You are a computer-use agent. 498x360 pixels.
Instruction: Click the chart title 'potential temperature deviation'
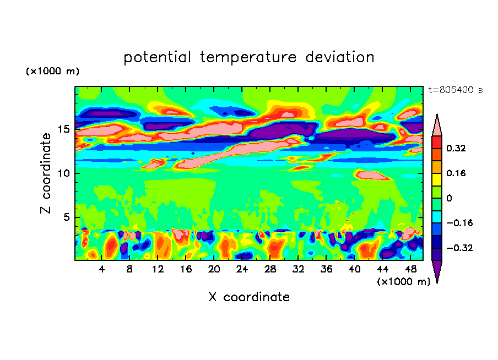tap(249, 57)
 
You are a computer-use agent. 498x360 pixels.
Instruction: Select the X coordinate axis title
tap(249, 297)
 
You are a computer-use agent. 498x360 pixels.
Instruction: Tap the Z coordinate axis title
tap(46, 173)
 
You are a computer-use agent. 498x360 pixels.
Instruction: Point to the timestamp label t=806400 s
tap(455, 90)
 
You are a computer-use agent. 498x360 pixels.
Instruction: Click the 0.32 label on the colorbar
tap(457, 148)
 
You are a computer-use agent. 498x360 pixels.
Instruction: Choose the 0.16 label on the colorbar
tap(457, 173)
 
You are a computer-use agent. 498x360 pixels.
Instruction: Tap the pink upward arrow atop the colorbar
tap(437, 125)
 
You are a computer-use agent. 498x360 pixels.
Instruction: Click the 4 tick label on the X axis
tap(101, 269)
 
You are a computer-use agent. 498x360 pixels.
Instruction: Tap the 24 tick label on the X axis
tap(242, 269)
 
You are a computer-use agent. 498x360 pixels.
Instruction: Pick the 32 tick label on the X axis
tap(298, 269)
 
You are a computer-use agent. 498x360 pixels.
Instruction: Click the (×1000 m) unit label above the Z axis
tap(52, 72)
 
